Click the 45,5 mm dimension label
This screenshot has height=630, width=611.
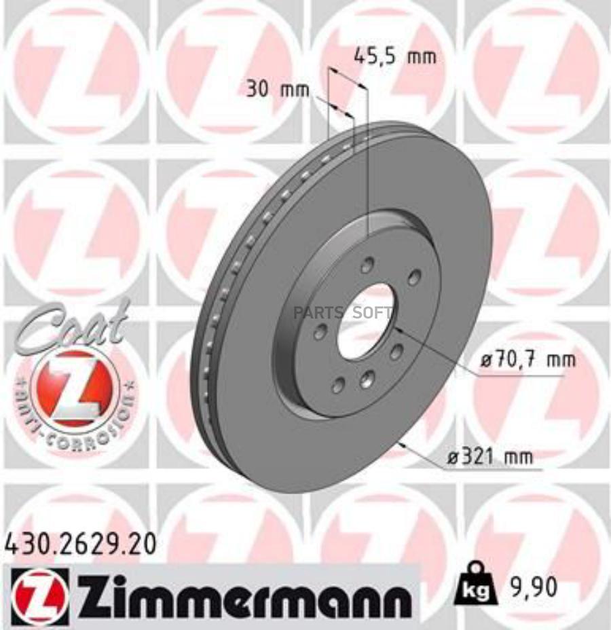[x=395, y=57]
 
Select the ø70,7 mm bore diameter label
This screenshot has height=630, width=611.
[x=527, y=360]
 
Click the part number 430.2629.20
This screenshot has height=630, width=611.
[x=80, y=543]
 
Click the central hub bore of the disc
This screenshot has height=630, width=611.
[x=365, y=321]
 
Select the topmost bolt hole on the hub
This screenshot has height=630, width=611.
[x=367, y=265]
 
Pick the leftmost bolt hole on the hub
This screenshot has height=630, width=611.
[x=320, y=332]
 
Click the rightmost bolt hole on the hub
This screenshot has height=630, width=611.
[x=413, y=277]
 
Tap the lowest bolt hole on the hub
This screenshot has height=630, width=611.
[x=337, y=386]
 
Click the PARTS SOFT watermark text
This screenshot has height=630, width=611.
[x=342, y=313]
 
